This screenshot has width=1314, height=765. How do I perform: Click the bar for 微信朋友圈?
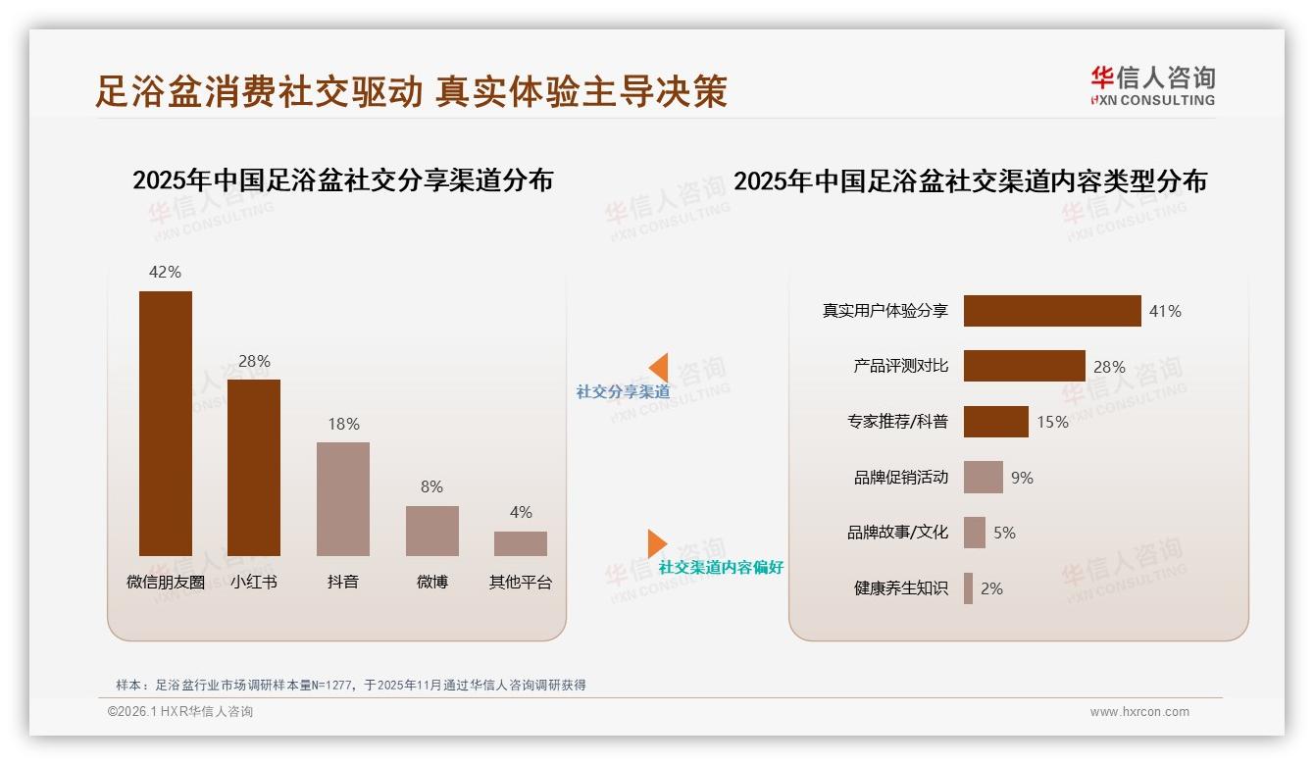(166, 423)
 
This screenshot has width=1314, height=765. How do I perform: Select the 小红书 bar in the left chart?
(254, 467)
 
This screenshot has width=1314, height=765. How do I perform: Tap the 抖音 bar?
(343, 498)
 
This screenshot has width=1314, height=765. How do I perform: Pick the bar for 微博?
(432, 531)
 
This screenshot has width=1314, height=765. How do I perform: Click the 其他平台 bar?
(521, 543)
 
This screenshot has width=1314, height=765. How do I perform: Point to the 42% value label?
(165, 272)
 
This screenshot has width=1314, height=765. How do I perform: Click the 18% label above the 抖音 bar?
(343, 424)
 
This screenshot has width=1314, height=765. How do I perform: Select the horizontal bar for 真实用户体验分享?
(1052, 311)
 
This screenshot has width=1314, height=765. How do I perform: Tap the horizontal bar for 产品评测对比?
(1024, 366)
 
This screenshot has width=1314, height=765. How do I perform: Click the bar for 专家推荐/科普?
(995, 422)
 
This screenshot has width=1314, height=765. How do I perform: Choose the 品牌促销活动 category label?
(901, 478)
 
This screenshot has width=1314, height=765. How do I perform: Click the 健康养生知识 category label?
(901, 588)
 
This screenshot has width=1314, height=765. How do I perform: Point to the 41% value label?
(1165, 311)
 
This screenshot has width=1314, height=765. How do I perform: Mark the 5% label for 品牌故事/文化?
(1004, 533)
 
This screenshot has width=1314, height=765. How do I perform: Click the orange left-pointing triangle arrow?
(659, 367)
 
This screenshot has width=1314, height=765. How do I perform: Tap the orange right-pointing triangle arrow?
(657, 543)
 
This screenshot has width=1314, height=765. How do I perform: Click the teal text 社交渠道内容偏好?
(721, 567)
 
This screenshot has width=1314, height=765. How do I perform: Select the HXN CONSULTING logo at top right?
(1152, 86)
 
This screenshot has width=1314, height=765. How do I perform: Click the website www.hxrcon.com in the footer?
(1138, 712)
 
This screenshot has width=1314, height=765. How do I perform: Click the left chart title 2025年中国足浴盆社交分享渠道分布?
(342, 180)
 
